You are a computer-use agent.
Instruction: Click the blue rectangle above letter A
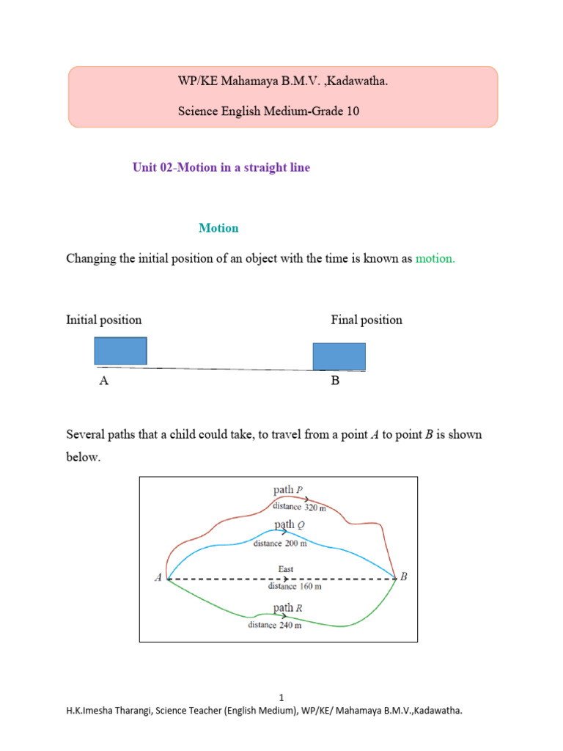click(120, 351)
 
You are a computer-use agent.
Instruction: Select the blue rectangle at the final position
click(339, 356)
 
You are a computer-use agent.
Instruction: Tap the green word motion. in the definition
click(435, 258)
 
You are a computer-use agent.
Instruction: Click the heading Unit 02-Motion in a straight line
click(221, 167)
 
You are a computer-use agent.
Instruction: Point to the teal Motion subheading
click(218, 228)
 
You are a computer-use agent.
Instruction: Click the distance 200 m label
click(280, 543)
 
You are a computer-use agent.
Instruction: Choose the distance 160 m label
click(295, 586)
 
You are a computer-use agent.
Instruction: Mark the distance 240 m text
click(274, 626)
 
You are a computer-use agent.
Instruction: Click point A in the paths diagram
click(158, 578)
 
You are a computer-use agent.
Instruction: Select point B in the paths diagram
click(402, 577)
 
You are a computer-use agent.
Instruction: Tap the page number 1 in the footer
click(281, 697)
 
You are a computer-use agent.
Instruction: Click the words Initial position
click(104, 320)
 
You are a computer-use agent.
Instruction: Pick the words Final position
click(367, 320)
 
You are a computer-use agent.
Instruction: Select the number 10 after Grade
click(353, 112)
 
